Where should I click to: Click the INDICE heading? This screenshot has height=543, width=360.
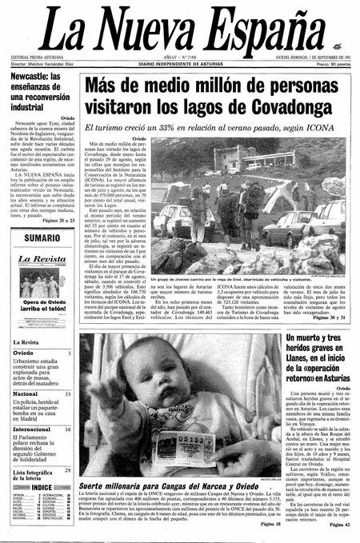click(42, 487)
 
